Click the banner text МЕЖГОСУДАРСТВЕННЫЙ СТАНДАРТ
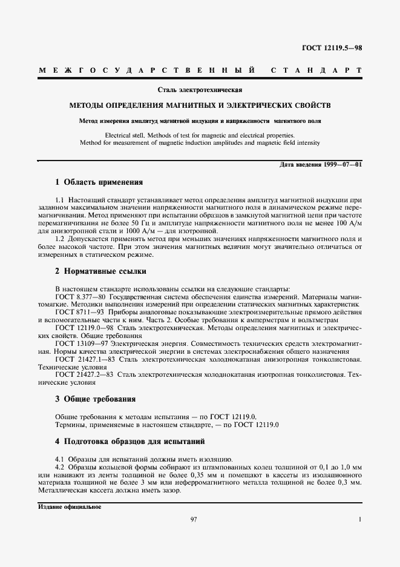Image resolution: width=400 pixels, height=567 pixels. click(x=200, y=71)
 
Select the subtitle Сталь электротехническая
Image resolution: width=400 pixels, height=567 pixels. click(x=200, y=90)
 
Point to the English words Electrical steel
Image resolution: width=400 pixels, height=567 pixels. click(x=125, y=135)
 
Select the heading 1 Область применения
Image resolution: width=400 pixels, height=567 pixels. click(x=99, y=182)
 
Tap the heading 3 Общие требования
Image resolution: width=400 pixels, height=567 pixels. click(x=95, y=399)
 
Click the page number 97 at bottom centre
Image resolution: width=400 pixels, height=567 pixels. click(x=194, y=519)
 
